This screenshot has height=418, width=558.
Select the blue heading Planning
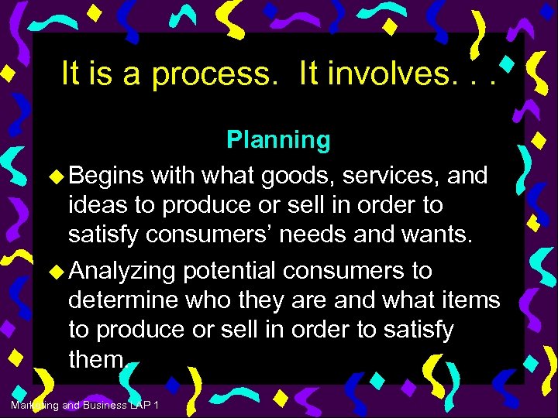278,140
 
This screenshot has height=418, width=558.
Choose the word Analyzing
123,272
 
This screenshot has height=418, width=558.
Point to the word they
268,300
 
